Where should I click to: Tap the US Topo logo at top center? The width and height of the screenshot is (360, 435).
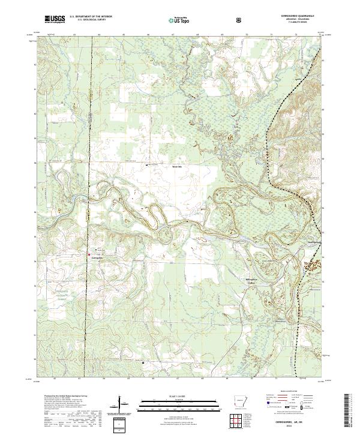[178, 20]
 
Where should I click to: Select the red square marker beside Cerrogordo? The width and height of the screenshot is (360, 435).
[90, 254]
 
